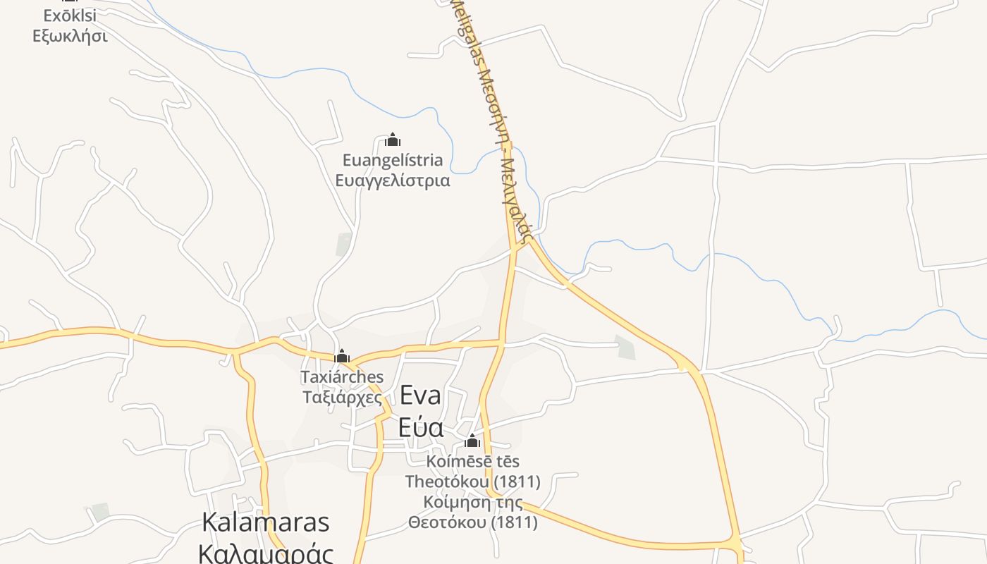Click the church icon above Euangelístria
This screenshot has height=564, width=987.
(x=393, y=140)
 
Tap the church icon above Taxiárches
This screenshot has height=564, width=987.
(x=342, y=355)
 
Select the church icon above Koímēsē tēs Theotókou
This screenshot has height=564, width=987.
(x=472, y=441)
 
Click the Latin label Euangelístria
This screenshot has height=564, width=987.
(x=393, y=160)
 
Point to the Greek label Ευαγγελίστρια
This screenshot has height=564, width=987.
(x=393, y=180)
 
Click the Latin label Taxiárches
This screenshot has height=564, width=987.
(x=342, y=376)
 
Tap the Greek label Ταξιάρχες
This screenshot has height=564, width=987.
(x=342, y=398)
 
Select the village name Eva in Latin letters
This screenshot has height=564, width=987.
(x=420, y=396)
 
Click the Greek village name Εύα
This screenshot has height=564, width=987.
(x=420, y=428)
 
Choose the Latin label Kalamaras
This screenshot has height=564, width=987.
(x=266, y=522)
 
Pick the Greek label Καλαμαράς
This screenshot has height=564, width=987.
(x=266, y=553)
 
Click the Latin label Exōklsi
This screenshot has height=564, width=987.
(x=70, y=16)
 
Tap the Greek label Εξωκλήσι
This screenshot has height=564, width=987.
(x=70, y=35)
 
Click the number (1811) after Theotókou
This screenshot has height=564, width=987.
(x=517, y=482)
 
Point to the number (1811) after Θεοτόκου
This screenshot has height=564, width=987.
(x=514, y=522)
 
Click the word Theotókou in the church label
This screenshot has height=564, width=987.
(x=446, y=482)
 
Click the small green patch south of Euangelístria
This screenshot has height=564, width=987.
(x=344, y=244)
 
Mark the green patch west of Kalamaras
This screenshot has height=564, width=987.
(x=101, y=511)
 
